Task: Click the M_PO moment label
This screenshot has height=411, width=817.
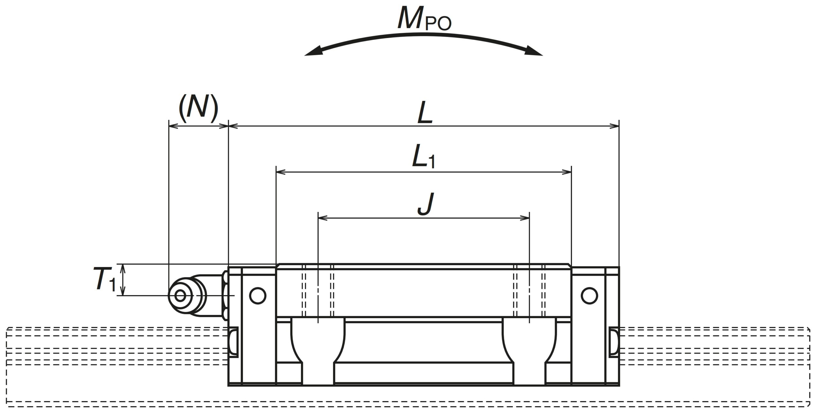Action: (x=424, y=20)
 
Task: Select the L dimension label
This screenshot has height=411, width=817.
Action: (x=425, y=113)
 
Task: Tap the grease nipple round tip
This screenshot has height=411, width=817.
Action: (x=180, y=296)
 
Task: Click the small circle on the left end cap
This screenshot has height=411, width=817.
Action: (x=258, y=296)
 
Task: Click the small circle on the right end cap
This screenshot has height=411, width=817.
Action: (x=589, y=296)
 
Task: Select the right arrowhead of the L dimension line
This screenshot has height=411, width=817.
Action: (x=614, y=126)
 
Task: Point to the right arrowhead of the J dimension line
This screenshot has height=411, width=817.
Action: (x=525, y=218)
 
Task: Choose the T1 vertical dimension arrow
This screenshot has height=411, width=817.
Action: (x=124, y=280)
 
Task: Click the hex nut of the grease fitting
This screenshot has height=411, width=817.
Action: (x=225, y=296)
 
